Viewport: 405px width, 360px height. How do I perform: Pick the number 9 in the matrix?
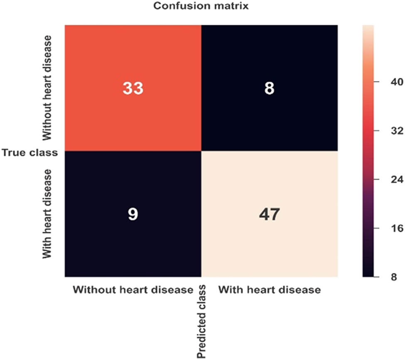133,214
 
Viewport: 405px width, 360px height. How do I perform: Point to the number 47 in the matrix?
269,214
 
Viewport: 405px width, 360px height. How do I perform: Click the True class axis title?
29,152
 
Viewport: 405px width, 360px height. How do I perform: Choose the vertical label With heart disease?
47,213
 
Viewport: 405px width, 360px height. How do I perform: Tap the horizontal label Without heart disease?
133,289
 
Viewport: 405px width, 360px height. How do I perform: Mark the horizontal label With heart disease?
269,289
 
